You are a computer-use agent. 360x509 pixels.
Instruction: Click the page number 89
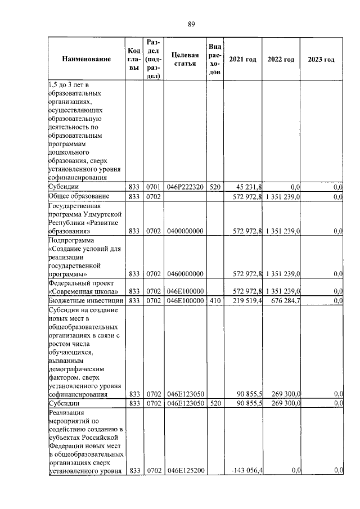click(x=191, y=24)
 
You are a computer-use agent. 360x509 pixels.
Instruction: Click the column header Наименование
click(x=86, y=60)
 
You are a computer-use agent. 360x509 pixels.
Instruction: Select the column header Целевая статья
click(x=184, y=60)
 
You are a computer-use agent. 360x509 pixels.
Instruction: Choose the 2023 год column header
click(x=321, y=60)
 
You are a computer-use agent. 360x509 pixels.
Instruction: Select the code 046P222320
click(x=184, y=187)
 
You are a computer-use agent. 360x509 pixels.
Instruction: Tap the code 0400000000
click(x=184, y=231)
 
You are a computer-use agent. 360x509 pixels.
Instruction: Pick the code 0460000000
click(x=184, y=274)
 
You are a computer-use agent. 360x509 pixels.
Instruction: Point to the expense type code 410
click(x=214, y=301)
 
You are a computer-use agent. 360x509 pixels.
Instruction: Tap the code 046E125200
click(x=184, y=470)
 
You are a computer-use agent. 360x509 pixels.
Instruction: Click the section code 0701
click(x=153, y=187)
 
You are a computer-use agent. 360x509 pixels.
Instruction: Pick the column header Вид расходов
click(x=214, y=60)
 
